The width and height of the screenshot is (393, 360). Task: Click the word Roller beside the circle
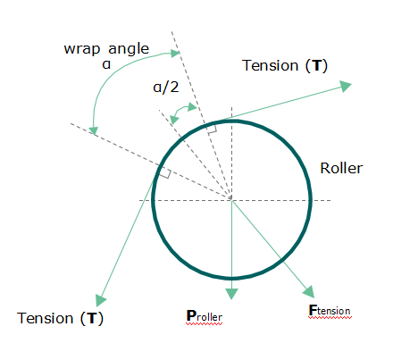(341, 168)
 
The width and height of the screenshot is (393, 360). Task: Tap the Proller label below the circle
(205, 316)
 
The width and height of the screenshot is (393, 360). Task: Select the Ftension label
(330, 310)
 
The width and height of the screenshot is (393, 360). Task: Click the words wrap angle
(106, 49)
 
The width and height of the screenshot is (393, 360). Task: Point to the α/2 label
(166, 88)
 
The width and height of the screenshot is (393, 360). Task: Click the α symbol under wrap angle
(106, 64)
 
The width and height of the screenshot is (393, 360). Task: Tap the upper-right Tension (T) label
(285, 65)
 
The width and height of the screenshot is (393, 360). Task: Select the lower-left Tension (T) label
(60, 318)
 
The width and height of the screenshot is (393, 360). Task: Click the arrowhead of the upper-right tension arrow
(346, 87)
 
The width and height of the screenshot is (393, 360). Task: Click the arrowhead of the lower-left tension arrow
(101, 300)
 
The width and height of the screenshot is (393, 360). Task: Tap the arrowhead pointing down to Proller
(231, 294)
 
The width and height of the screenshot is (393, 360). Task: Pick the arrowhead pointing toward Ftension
(309, 292)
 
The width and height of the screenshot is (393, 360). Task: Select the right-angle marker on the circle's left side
(164, 173)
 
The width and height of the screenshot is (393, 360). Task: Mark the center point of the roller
(231, 199)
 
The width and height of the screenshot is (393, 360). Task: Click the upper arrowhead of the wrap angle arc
(175, 54)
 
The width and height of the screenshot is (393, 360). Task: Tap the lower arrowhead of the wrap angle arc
(94, 131)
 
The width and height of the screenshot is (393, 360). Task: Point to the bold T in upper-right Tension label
(317, 65)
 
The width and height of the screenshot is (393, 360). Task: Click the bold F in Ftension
(313, 310)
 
